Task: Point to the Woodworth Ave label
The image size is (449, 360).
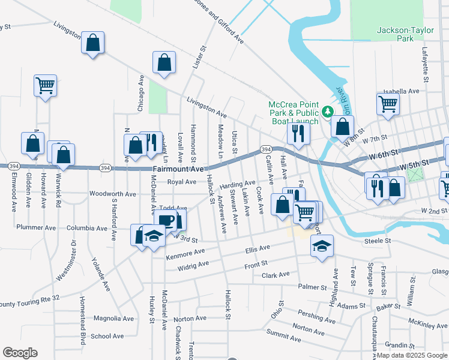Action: coord(113,194)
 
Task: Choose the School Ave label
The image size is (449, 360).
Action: coord(107,336)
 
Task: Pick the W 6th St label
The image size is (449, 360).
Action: coord(382,154)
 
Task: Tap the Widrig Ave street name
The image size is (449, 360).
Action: coord(193,263)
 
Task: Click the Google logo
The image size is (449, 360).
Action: coord(20,353)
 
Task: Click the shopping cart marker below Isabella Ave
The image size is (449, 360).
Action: coord(388,103)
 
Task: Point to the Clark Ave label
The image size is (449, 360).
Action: coord(276,275)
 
